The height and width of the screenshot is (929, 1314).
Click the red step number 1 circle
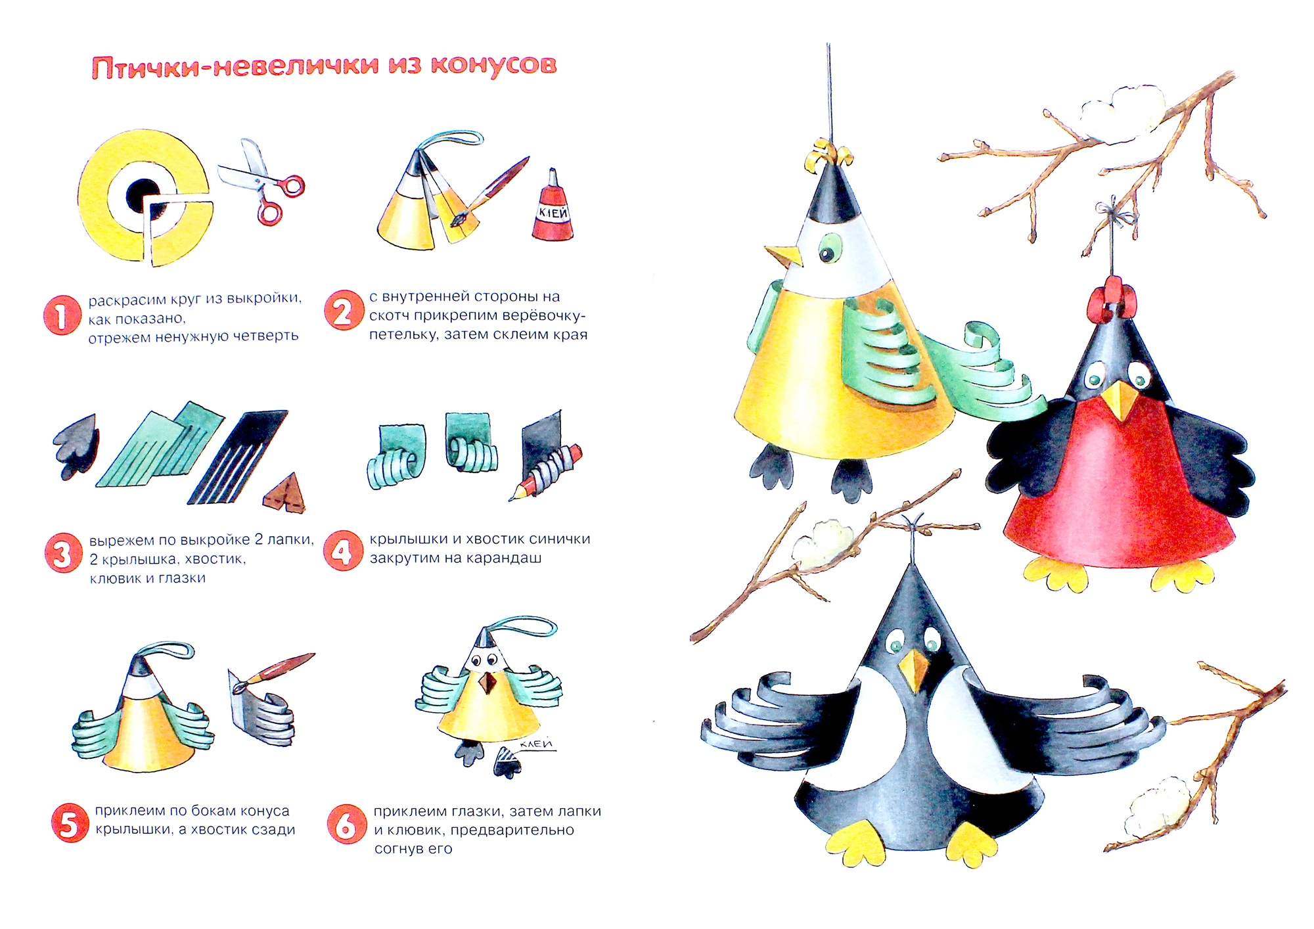[62, 315]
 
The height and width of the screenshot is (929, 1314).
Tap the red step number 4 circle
[343, 551]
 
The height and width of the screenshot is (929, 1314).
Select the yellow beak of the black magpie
[914, 671]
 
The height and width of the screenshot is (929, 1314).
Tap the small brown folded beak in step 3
[284, 493]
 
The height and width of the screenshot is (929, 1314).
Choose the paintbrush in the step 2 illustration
[490, 191]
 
